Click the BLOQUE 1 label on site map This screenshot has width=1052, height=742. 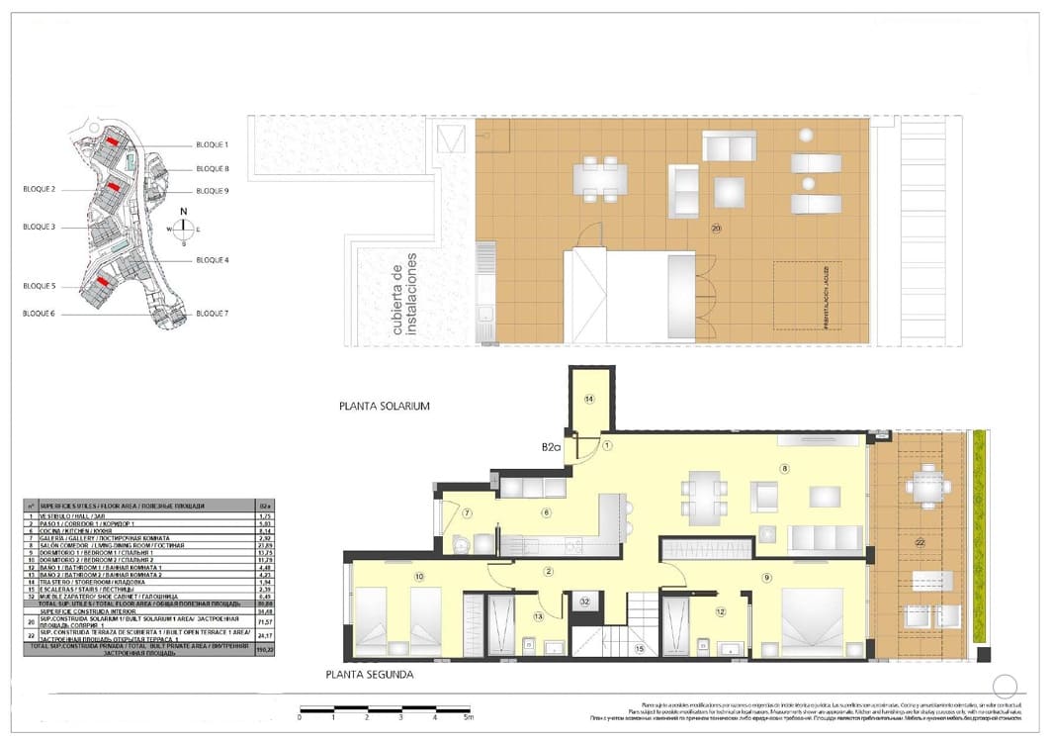(213, 144)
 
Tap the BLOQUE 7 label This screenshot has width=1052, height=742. (213, 314)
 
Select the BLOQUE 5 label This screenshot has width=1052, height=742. (39, 286)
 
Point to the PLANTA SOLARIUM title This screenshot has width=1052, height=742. (385, 407)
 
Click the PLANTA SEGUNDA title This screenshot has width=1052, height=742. (369, 675)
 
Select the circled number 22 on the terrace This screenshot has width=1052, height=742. (920, 542)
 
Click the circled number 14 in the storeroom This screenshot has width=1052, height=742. (589, 400)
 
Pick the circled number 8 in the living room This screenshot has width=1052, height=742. (786, 469)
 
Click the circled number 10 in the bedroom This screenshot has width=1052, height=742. (419, 576)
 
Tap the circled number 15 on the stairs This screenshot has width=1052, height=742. (640, 648)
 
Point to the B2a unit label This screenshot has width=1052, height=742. (551, 447)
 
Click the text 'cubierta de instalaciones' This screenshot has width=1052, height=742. (404, 295)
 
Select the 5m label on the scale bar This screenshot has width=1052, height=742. (469, 716)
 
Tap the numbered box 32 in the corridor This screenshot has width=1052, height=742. (585, 601)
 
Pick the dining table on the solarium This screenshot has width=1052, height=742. (600, 178)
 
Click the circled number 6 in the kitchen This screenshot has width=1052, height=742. (544, 512)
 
